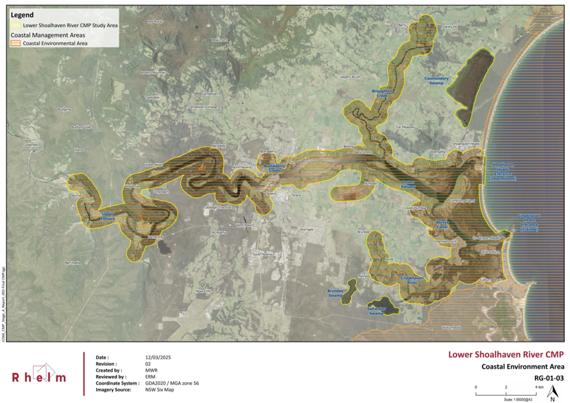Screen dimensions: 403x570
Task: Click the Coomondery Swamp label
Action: coord(436,81)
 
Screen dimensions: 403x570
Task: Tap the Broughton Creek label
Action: coord(382,93)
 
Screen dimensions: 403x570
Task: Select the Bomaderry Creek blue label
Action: coord(274,168)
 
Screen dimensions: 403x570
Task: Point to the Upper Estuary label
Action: coord(108,216)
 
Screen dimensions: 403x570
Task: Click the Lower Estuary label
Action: coord(408,184)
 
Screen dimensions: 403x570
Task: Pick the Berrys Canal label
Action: coord(442,225)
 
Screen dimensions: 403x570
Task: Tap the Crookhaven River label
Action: coord(412,280)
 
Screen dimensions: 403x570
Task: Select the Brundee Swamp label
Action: coord(335,293)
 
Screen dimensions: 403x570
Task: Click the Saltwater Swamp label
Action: coord(376,311)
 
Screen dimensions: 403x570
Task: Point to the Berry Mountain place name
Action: coord(330,9)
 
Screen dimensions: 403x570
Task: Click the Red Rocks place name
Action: coord(155,21)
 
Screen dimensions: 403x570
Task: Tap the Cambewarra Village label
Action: coord(203,107)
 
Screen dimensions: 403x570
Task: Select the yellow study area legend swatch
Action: coord(16,25)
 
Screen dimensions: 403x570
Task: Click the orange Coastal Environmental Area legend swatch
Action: coord(16,43)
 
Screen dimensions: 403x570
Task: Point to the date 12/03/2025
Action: coord(158,357)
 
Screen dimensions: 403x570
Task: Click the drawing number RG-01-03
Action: coord(549,378)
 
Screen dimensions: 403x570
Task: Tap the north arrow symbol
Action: coord(552,393)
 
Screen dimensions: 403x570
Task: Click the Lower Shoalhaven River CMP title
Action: coord(506,355)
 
